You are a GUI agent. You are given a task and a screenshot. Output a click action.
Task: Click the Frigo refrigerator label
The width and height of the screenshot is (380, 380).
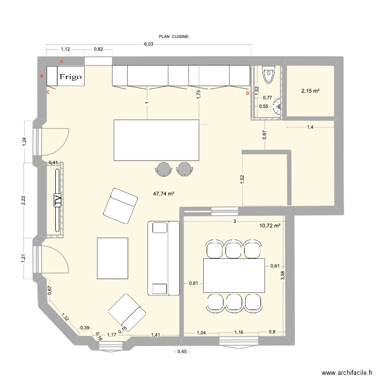click(71, 77)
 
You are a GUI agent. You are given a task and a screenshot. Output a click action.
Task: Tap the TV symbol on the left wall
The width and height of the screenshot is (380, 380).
click(57, 201)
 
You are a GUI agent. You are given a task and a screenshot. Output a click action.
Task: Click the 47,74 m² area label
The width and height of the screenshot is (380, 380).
click(164, 194)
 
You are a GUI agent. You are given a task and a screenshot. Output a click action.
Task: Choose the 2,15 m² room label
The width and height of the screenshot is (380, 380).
click(310, 91)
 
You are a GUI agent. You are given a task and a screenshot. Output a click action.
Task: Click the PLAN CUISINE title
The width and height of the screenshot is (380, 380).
click(173, 36)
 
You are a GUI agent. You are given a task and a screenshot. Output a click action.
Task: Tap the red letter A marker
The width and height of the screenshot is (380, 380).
click(62, 61)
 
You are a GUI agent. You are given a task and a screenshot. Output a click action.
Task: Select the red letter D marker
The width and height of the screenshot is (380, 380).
click(247, 93)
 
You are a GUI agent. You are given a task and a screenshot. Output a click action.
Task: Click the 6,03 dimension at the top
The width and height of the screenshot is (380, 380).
click(148, 44)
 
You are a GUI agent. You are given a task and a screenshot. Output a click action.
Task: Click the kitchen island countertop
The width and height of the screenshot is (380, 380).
click(156, 139)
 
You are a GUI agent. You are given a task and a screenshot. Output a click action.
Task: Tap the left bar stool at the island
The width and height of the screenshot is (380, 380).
click(164, 169)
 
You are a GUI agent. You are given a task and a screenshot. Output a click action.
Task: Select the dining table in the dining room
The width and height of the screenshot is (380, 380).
click(234, 275)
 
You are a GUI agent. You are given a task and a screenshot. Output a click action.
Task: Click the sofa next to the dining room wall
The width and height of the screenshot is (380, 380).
click(163, 258)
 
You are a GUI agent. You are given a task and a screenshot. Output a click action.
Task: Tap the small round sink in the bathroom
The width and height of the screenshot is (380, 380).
click(277, 105)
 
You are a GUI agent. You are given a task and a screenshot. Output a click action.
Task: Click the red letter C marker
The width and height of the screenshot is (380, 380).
click(49, 93)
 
